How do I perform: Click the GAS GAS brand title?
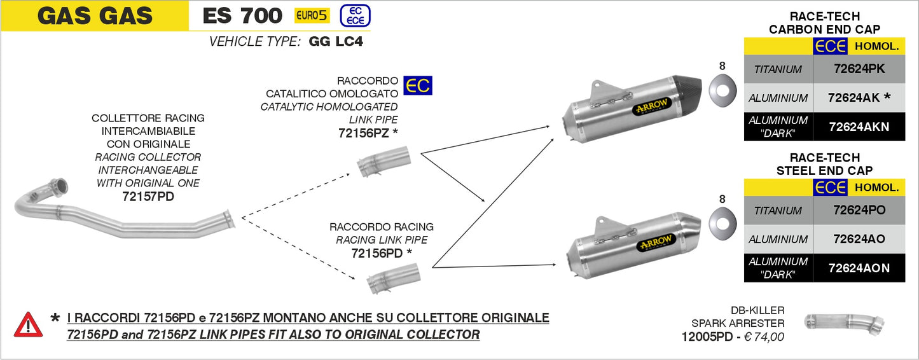point(95,16)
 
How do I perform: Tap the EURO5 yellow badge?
point(312,16)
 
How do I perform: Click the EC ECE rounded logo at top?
point(355,16)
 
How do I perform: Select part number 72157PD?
point(148,197)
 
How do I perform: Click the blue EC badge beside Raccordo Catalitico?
point(418,85)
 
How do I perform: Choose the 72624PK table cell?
point(858,69)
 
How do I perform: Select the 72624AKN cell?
point(858,127)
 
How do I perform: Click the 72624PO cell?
point(858,210)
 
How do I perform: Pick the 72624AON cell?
point(858,268)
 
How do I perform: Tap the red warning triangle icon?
point(29,324)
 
